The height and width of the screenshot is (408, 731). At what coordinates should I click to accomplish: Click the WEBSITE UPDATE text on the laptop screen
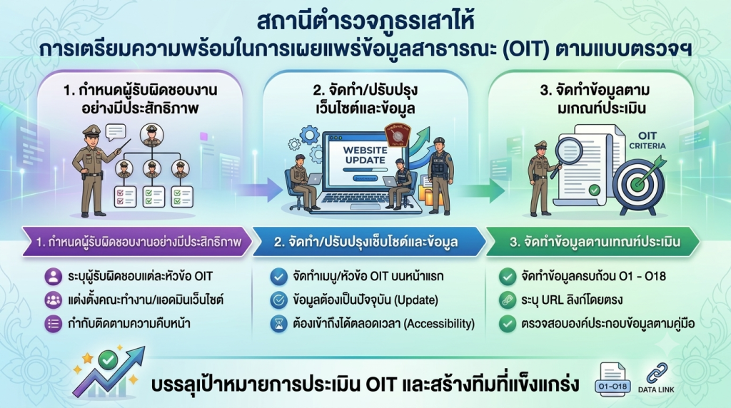click(x=365, y=155)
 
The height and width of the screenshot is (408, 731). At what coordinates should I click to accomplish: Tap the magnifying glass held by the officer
click(x=565, y=153)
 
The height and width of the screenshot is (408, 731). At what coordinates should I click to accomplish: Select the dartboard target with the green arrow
click(x=639, y=183)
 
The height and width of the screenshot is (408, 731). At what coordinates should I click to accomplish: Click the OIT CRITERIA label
click(x=647, y=141)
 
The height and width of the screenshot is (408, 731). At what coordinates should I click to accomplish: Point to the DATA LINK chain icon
click(x=657, y=373)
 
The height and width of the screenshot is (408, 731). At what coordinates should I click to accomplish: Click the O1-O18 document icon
click(x=612, y=379)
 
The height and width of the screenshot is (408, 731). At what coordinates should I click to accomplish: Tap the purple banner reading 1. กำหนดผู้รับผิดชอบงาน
click(x=138, y=242)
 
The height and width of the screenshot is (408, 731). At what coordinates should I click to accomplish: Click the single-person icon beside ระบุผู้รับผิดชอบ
click(x=53, y=276)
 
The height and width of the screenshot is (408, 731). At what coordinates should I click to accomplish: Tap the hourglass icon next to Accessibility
click(x=279, y=324)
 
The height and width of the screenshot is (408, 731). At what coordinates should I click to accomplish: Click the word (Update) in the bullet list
click(x=416, y=300)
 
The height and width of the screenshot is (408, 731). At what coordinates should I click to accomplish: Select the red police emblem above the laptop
click(x=397, y=136)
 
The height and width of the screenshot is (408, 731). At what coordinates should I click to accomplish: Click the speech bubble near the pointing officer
click(x=116, y=132)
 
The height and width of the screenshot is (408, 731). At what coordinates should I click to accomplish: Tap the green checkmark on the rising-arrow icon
click(x=109, y=360)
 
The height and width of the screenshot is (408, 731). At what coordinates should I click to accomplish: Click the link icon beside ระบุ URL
click(x=508, y=300)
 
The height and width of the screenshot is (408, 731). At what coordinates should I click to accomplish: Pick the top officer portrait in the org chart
click(x=152, y=135)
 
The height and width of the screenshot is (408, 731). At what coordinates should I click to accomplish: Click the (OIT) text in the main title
click(x=526, y=49)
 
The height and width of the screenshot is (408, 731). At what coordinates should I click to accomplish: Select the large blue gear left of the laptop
click(x=310, y=135)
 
